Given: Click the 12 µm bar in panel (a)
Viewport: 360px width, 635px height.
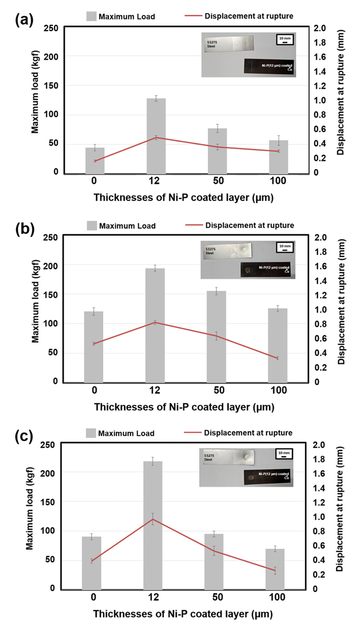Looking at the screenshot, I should (x=156, y=136).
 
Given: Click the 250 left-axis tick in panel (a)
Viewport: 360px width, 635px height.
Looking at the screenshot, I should (x=49, y=28).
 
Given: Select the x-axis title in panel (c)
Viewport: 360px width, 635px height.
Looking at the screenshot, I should (x=183, y=613).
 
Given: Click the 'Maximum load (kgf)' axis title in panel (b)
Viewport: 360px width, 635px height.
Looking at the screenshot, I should (x=36, y=309).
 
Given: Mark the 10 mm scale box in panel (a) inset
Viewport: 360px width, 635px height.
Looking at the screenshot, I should (x=284, y=40).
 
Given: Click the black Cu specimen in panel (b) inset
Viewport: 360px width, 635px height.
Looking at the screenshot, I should (x=268, y=270).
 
